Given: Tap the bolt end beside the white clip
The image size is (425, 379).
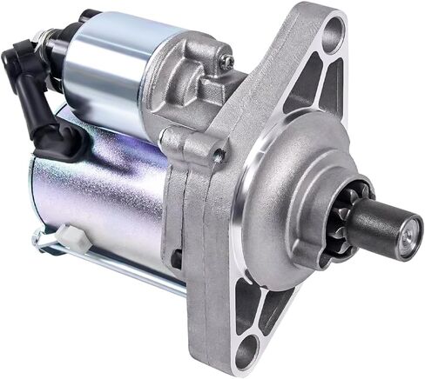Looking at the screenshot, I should [x=38, y=239].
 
